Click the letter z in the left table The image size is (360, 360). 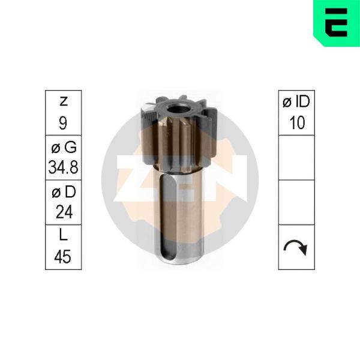pos(64,101)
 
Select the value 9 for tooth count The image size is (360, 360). pos(63,123)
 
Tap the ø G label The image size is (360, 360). pos(64,147)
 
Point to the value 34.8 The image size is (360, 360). pos(64,167)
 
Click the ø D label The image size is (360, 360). pos(64,191)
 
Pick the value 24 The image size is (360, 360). pos(64,212)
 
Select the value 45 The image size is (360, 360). pos(62,256)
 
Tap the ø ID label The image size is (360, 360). pos(296,101)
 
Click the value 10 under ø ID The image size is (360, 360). pos(298,122)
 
